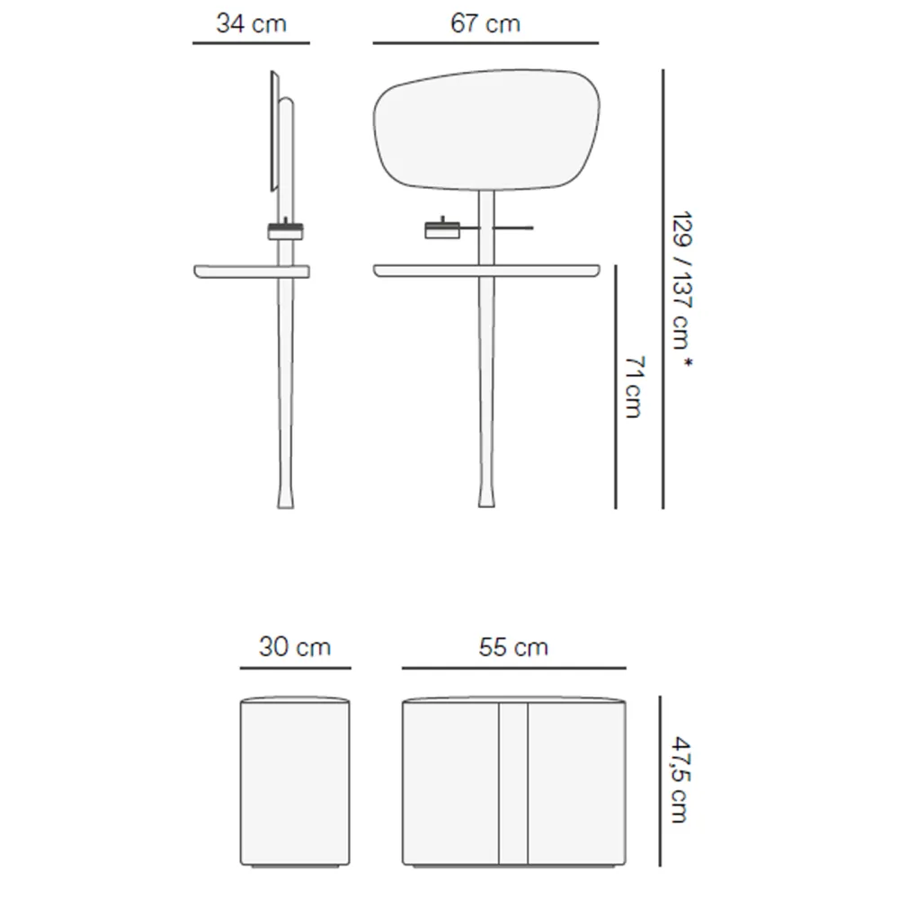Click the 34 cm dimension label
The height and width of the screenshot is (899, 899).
pyautogui.click(x=251, y=24)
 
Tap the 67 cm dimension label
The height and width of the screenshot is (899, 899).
pyautogui.click(x=485, y=24)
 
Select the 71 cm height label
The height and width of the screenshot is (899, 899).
pyautogui.click(x=634, y=387)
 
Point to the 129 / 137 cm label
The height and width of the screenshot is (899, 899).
pyautogui.click(x=681, y=280)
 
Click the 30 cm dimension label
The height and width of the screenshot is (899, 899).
pyautogui.click(x=295, y=647)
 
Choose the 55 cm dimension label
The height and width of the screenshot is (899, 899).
pyautogui.click(x=513, y=647)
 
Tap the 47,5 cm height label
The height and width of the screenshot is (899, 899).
pyautogui.click(x=681, y=780)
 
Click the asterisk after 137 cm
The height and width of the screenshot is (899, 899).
pyautogui.click(x=688, y=362)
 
